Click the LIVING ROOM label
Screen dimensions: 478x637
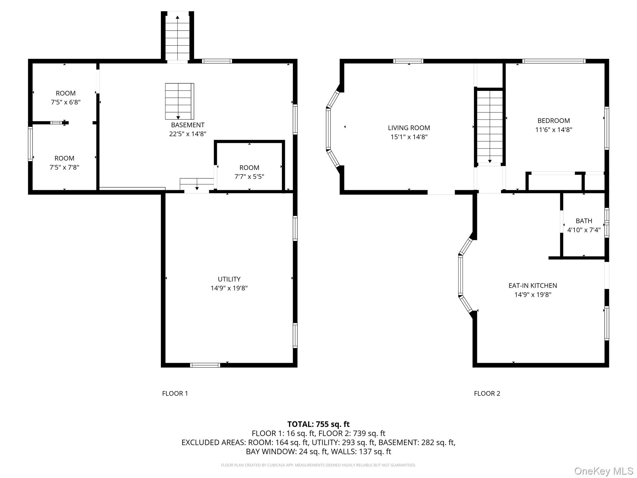(x=409, y=128)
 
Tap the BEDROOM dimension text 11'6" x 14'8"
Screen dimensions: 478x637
(x=554, y=130)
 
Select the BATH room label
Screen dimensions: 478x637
(x=584, y=221)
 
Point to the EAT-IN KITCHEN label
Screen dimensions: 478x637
(x=532, y=285)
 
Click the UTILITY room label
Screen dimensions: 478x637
(x=229, y=279)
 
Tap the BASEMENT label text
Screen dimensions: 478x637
(x=188, y=125)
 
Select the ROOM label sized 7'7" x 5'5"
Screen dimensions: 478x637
(x=249, y=167)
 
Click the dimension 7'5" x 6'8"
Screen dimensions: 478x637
(x=66, y=102)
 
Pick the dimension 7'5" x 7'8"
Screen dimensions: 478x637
(x=64, y=167)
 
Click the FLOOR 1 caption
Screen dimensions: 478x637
(x=175, y=393)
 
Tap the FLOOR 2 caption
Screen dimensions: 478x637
(x=487, y=393)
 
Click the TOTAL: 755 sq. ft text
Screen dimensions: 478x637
(x=318, y=424)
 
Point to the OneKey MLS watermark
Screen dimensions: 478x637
(x=603, y=471)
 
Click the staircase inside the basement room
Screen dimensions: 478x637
(x=179, y=101)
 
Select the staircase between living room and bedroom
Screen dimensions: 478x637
(x=490, y=126)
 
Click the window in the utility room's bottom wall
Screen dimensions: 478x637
(x=205, y=365)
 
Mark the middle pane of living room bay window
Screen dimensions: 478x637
(x=328, y=129)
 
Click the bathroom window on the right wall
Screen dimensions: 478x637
(x=606, y=223)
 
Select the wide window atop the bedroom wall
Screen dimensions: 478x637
(x=554, y=61)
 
